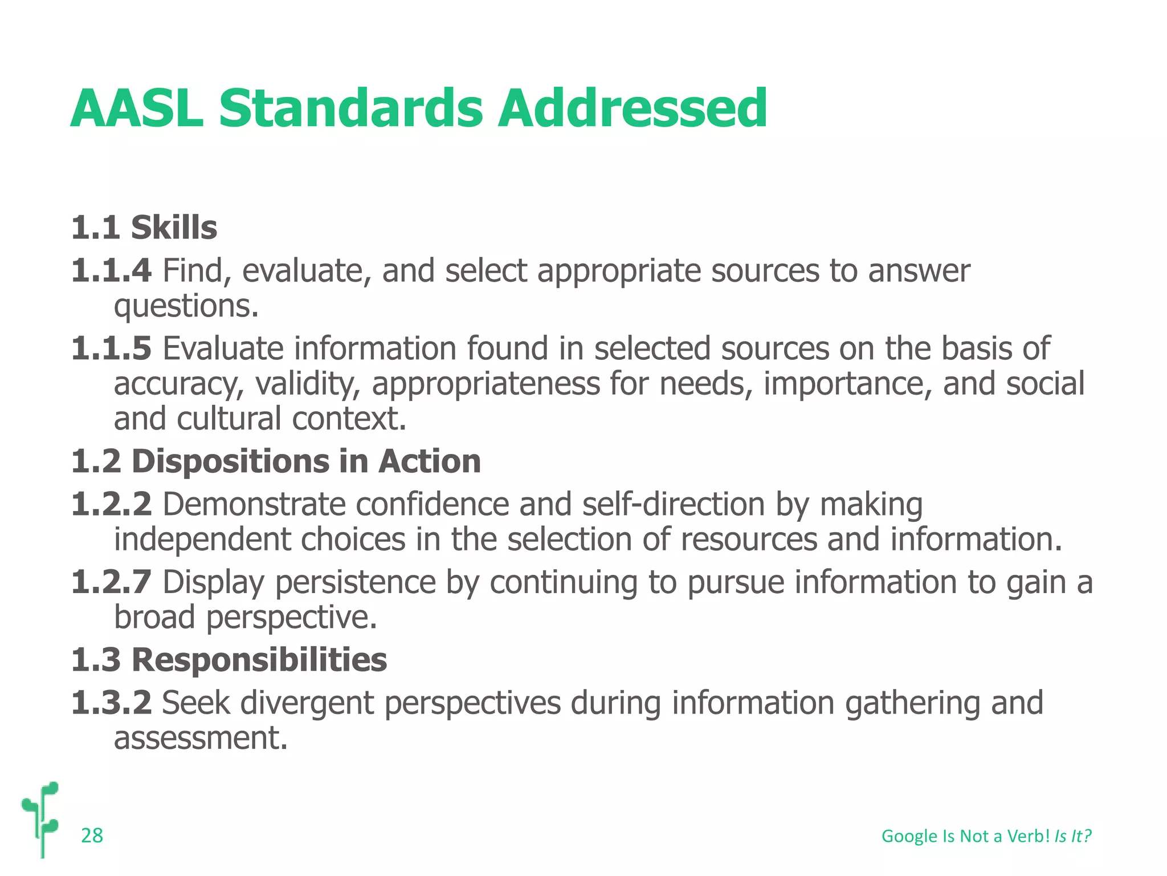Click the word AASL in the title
pos(137,108)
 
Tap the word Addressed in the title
pos(632,108)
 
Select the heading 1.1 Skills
pos(144,228)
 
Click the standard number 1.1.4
pos(112,270)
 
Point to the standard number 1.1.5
pos(112,348)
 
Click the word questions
pos(186,307)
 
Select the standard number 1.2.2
pos(112,505)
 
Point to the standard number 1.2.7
pos(112,582)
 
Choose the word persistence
pos(356,582)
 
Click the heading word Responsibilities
pos(259,660)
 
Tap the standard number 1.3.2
pos(112,703)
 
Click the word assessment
pos(201,738)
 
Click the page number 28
pos(92,836)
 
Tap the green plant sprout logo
pos(42,818)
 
